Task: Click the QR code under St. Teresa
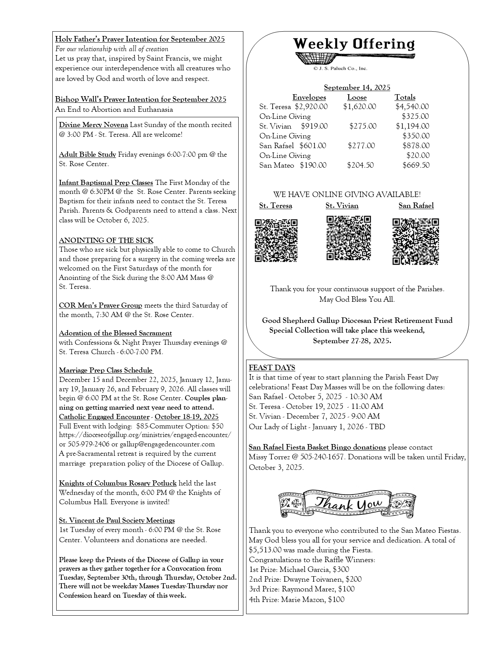click(276, 240)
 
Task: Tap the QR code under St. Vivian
click(348, 238)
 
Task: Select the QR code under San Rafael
click(416, 241)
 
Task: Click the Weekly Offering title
click(353, 44)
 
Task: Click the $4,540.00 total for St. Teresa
click(412, 107)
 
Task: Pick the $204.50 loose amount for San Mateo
click(360, 165)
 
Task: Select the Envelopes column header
click(309, 97)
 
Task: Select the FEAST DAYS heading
click(272, 368)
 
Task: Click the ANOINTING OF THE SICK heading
click(106, 240)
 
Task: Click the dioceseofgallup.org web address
click(145, 435)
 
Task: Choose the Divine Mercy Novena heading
click(93, 125)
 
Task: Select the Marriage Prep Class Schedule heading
click(105, 371)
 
